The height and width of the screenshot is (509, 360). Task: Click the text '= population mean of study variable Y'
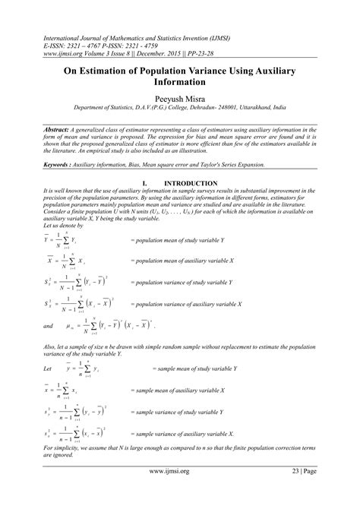[178, 239]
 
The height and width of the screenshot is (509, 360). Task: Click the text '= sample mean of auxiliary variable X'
[177, 390]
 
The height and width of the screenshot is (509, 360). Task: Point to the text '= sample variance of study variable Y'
[178, 412]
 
